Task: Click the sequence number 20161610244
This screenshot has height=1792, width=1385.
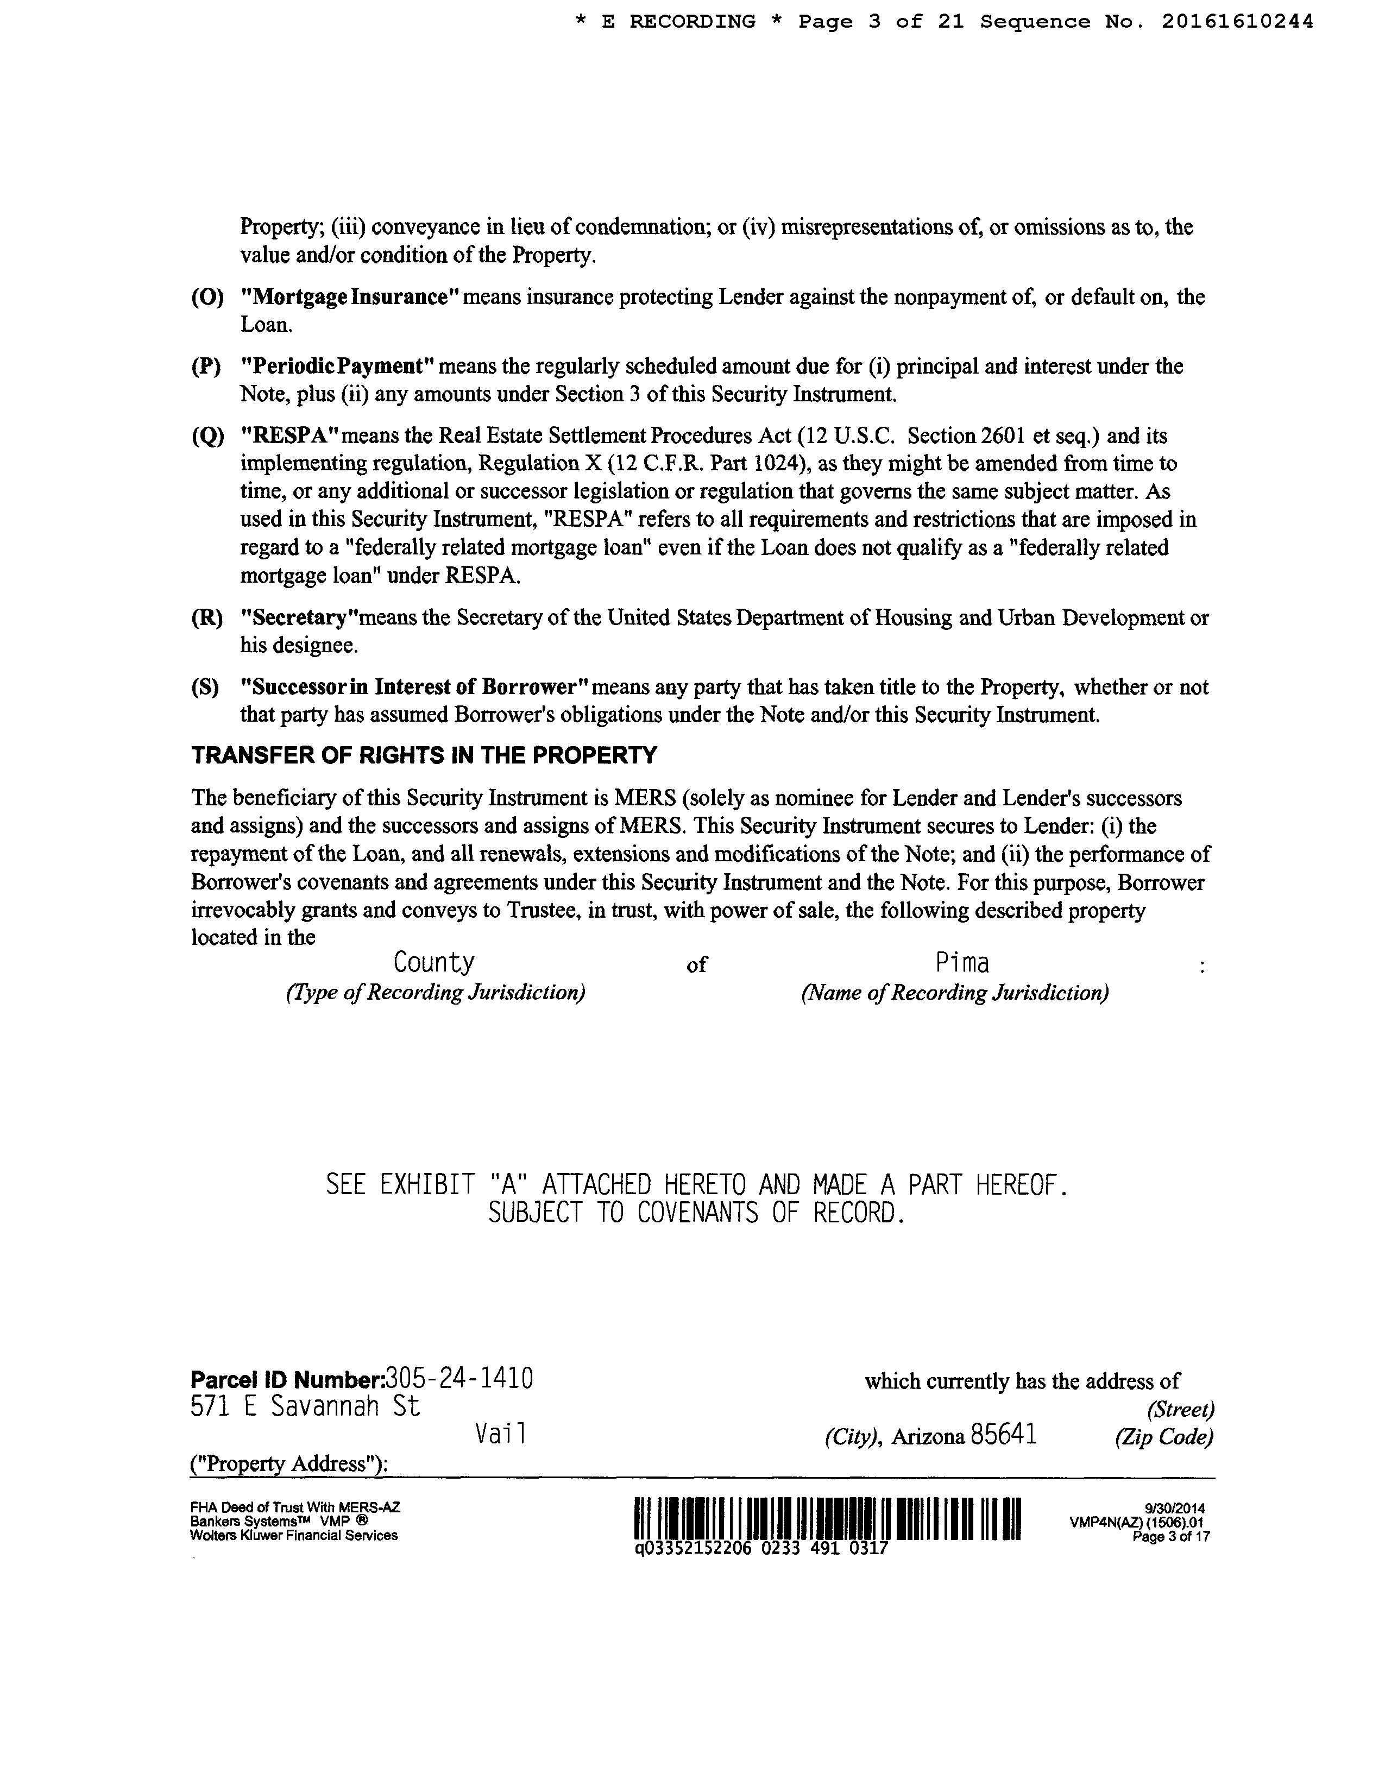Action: point(1237,22)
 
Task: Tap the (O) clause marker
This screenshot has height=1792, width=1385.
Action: point(207,297)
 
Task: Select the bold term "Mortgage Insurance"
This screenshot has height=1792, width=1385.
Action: point(349,297)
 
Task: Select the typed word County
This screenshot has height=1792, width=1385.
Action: point(434,962)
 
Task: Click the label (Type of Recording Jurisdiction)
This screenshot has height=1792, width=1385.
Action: point(435,993)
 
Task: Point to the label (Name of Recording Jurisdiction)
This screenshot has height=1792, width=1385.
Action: point(955,993)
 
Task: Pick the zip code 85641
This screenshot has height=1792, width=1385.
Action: point(1004,1435)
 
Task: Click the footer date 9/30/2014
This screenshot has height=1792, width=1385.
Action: point(1175,1508)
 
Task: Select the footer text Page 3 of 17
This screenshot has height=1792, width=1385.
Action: point(1171,1537)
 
